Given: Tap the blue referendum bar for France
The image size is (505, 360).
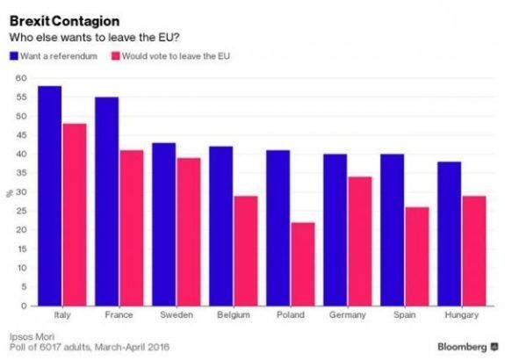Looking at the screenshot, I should tap(106, 201).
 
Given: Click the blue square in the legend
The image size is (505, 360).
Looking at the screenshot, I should tap(12, 56).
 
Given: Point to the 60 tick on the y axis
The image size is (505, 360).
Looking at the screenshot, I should tap(21, 78).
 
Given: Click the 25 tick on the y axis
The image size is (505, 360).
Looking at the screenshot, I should tap(21, 211).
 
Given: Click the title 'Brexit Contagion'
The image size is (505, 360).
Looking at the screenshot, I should tap(54, 18).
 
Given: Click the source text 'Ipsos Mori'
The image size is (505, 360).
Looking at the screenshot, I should tap(30, 336).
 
